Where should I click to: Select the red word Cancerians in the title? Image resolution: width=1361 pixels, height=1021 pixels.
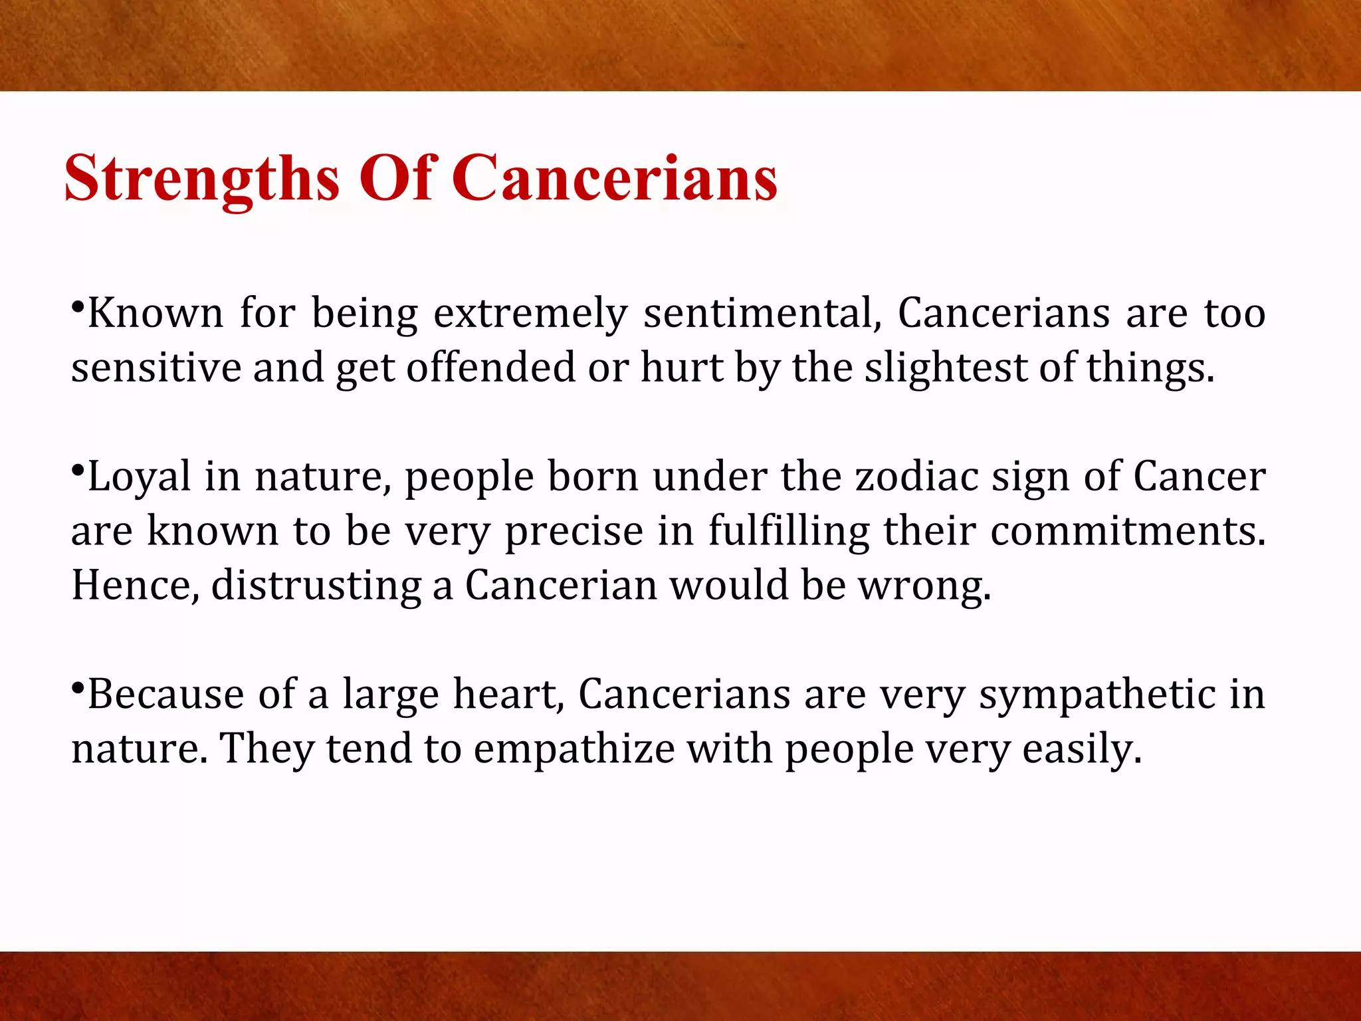coord(615,178)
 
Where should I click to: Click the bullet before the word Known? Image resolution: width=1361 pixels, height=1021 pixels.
coord(78,308)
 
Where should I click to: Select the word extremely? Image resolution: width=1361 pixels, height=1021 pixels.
coord(530,314)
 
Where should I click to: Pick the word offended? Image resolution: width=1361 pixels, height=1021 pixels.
coord(490,367)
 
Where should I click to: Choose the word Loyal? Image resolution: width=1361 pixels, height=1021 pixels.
coord(140,477)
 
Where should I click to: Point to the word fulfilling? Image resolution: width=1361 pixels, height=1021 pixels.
coord(788,532)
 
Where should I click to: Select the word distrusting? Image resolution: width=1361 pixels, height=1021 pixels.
coord(316,586)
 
